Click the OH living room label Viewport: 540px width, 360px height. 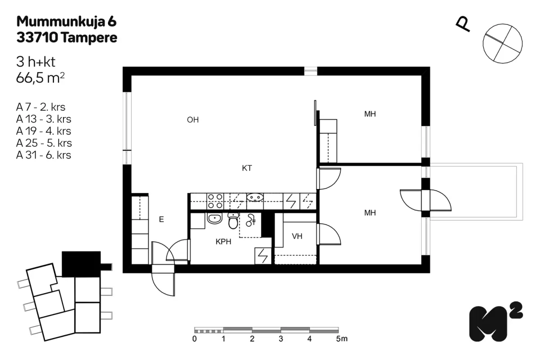pyautogui.click(x=193, y=120)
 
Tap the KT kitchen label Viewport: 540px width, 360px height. pyautogui.click(x=247, y=168)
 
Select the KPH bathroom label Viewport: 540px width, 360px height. pyautogui.click(x=223, y=241)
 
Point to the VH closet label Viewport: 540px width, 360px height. pyautogui.click(x=297, y=236)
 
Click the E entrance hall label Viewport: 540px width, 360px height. pyautogui.click(x=161, y=219)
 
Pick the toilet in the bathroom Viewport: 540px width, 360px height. pyautogui.click(x=233, y=221)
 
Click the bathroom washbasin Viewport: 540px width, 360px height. pyautogui.click(x=215, y=218)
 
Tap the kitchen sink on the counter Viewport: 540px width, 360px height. pyautogui.click(x=255, y=198)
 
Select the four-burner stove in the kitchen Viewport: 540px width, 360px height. pyautogui.click(x=215, y=201)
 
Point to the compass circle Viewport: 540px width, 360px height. pyautogui.click(x=503, y=44)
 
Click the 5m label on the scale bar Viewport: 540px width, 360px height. pyautogui.click(x=342, y=339)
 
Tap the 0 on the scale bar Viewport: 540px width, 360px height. pyautogui.click(x=194, y=339)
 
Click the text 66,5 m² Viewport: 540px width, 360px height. pyautogui.click(x=40, y=78)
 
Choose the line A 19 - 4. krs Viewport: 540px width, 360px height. pyautogui.click(x=44, y=131)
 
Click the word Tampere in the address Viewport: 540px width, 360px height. pyautogui.click(x=89, y=38)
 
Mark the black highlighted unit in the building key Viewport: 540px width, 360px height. pyautogui.click(x=81, y=264)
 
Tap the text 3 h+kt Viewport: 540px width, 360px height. pyautogui.click(x=36, y=62)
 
